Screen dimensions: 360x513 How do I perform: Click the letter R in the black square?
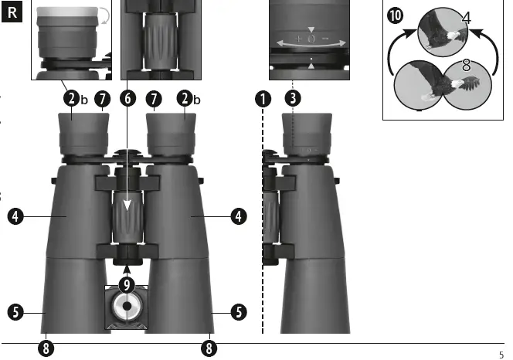coord(13,13)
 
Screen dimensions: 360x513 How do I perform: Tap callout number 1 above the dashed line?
coord(265,98)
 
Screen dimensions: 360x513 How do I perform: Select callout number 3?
coord(293,98)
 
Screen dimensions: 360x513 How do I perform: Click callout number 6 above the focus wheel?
coord(127,98)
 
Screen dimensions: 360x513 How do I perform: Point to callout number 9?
coord(127,284)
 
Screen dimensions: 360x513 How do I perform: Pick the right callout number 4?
coord(239,217)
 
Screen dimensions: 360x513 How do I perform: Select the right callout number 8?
coord(209,348)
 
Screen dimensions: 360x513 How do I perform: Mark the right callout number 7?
coord(155,98)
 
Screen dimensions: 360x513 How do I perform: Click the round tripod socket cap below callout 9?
coord(127,307)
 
